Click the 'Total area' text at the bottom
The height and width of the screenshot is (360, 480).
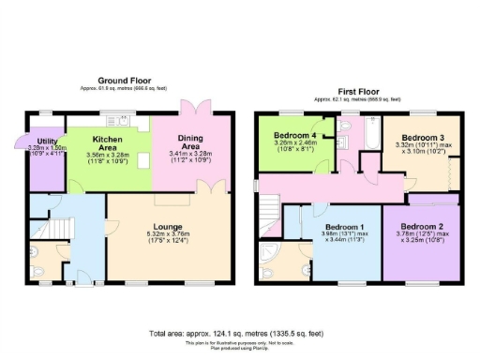[240, 333]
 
